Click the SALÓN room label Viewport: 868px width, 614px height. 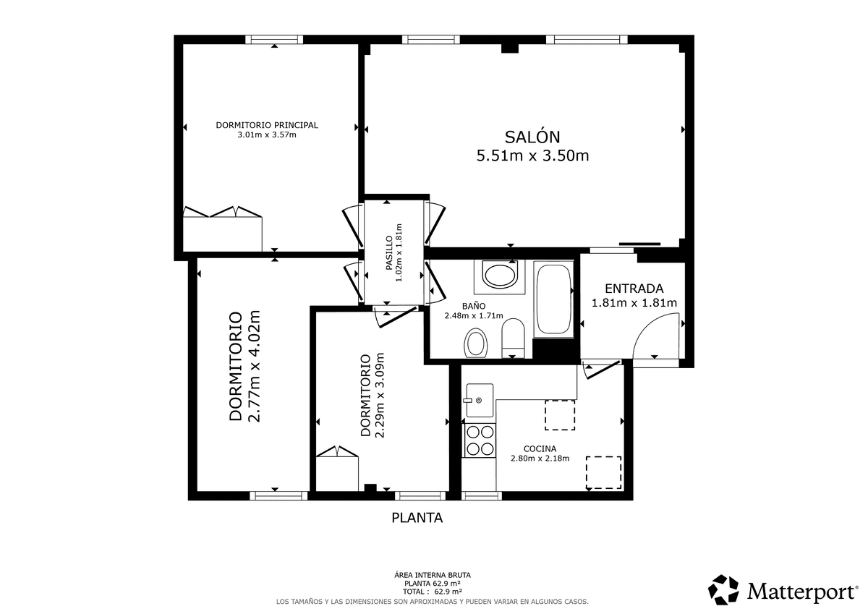point(532,137)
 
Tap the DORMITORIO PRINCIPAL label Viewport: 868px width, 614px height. point(267,125)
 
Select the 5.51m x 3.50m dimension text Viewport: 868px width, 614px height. point(532,155)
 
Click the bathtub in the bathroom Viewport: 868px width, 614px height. point(553,299)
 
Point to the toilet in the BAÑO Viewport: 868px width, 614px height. point(513,338)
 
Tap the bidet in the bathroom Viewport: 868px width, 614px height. point(475,343)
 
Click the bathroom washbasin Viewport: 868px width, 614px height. point(500,275)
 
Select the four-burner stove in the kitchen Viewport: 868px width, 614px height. point(480,440)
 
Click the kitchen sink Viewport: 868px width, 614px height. point(480,400)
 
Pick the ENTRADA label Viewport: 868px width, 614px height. point(634,289)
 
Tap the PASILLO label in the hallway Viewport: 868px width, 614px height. point(389,253)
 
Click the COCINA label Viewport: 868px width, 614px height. point(540,449)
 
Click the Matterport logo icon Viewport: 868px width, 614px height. point(723,589)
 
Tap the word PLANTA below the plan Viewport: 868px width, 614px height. point(417,518)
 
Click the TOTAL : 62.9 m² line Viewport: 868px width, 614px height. point(433,592)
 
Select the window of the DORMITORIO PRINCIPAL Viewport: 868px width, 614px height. point(274,39)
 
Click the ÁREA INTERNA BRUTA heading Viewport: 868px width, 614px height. point(433,575)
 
